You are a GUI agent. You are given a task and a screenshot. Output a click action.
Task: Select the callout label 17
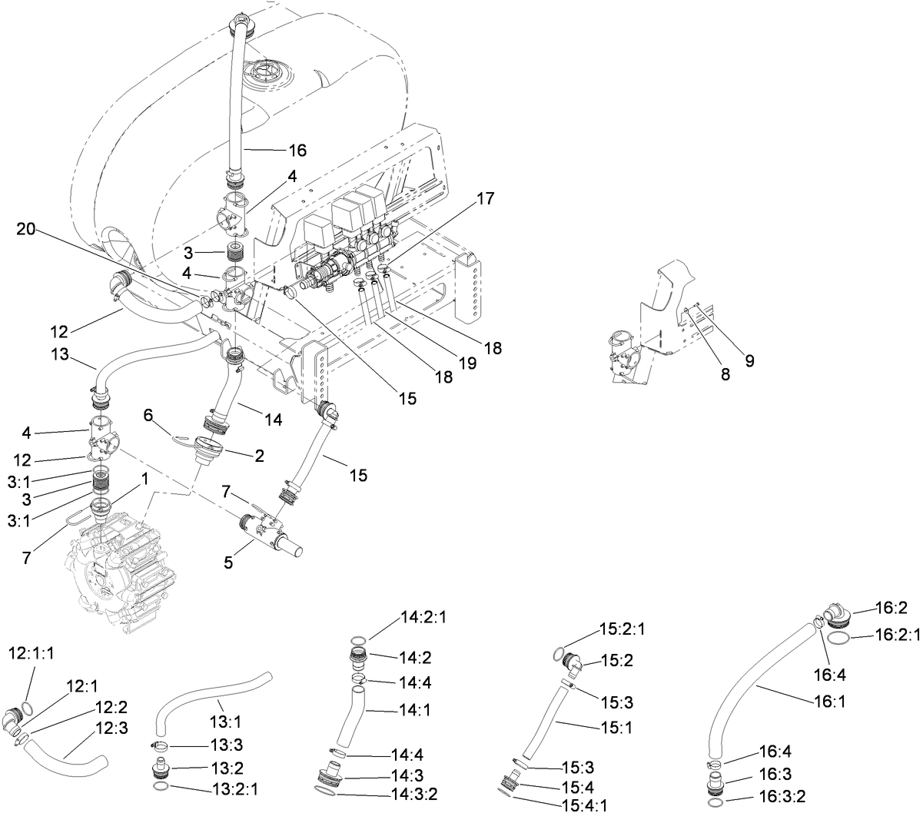pos(485,198)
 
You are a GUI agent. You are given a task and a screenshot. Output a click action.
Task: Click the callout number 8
pos(725,376)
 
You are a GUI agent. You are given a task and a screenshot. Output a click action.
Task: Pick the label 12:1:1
pos(31,654)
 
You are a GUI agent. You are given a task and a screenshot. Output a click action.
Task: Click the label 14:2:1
pos(423,617)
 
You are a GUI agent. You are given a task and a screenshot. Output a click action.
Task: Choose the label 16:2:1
pos(898,635)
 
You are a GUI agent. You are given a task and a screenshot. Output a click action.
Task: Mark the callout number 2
pos(260,456)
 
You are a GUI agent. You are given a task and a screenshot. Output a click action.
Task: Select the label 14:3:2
pos(415,793)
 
